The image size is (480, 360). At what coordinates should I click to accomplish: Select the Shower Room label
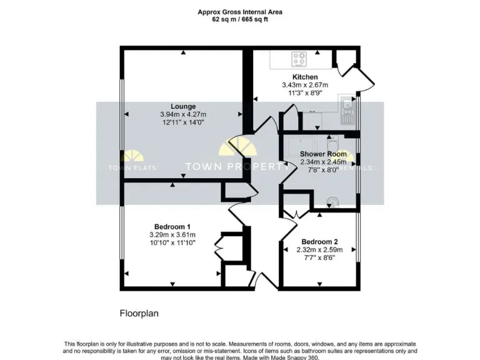(323, 154)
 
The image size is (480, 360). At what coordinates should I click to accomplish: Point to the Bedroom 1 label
(172, 226)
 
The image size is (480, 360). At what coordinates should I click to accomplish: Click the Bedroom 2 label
(319, 242)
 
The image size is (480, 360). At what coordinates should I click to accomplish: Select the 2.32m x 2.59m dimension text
(319, 249)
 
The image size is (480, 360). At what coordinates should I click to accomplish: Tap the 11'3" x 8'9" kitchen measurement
(305, 92)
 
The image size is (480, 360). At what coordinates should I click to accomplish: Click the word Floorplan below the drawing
(138, 312)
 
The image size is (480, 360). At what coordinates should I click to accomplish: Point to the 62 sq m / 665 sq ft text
(241, 19)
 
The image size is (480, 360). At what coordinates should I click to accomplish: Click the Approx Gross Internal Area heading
(241, 11)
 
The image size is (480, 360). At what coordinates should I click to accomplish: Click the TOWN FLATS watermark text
(132, 167)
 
